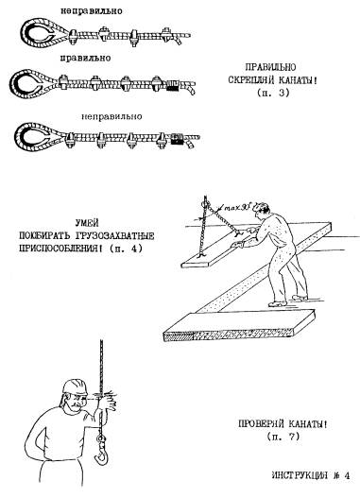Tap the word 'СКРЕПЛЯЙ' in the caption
[252, 79]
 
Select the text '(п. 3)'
[273, 93]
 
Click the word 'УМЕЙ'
[87, 223]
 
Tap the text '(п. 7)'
[283, 437]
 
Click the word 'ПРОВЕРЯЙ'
[262, 423]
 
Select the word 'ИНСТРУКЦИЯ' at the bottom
[300, 475]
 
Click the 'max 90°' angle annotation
[237, 208]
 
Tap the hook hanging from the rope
[102, 451]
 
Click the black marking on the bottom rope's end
[176, 139]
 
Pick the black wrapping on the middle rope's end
[173, 85]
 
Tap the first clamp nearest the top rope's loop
[73, 37]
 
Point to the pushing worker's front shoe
[277, 304]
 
